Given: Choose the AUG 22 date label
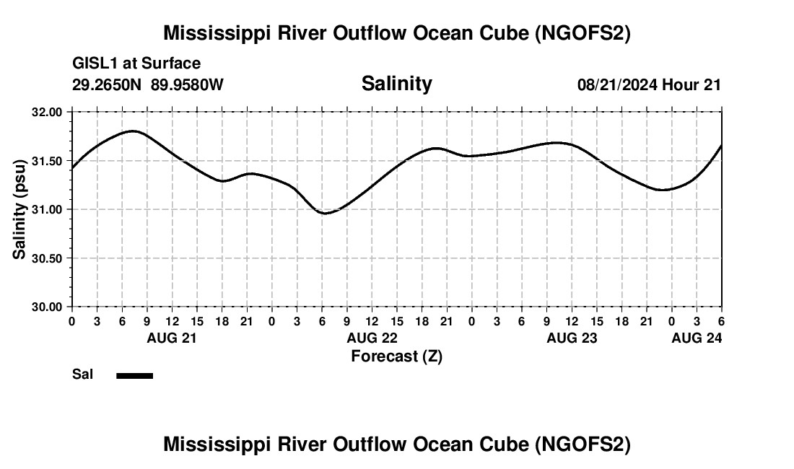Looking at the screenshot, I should coord(372,338).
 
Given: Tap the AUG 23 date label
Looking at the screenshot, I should coord(572,338).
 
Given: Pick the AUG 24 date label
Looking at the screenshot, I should coord(697,338).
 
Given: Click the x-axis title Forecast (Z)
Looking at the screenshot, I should coord(396,356).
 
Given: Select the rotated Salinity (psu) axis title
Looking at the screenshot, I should coord(20,210).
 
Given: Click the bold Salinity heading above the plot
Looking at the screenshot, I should coord(396,84).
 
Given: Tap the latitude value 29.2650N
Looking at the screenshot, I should coord(108,85).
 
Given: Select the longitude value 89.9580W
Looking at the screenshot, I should coord(187,85).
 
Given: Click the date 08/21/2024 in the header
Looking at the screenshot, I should coord(617,85).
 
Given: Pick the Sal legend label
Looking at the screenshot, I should coord(82,374).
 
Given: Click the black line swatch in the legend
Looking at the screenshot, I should coord(135,375).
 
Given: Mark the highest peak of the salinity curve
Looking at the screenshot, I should coord(133,131).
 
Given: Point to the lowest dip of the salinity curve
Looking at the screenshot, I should coord(326,214).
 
